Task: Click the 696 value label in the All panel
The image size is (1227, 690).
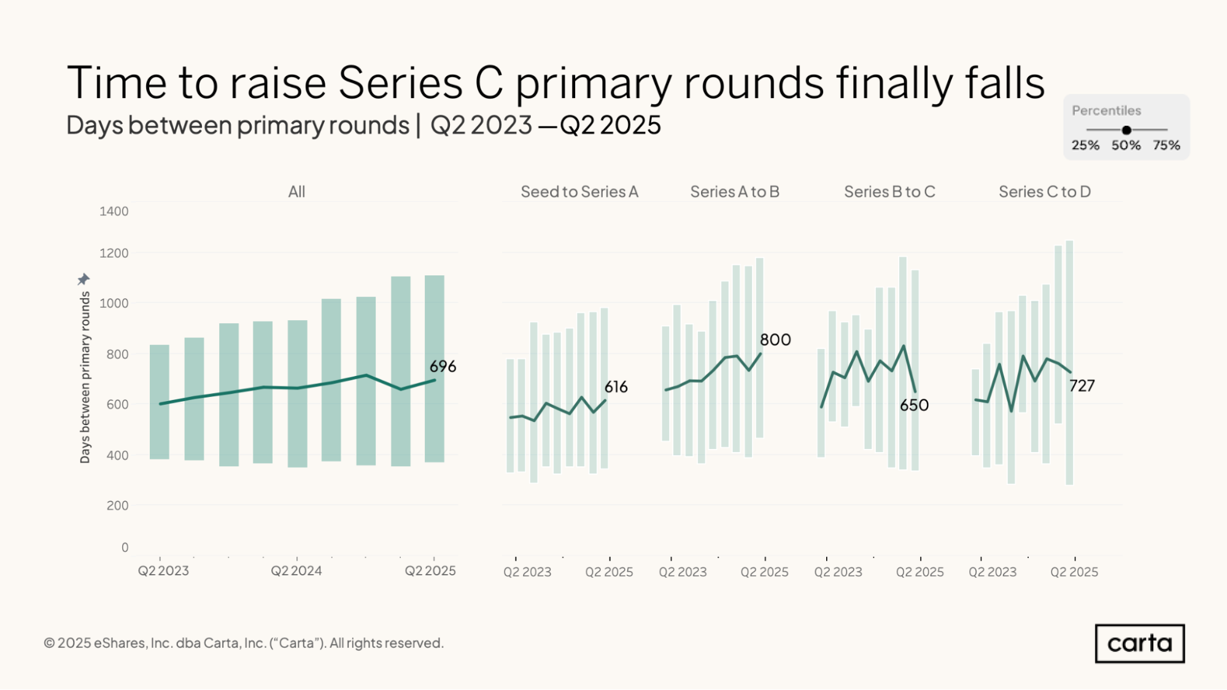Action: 443,367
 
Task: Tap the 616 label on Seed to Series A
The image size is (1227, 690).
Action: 616,387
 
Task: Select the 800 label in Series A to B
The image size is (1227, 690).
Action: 775,340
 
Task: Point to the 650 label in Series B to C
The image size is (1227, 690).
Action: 914,405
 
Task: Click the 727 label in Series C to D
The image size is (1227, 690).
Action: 1082,386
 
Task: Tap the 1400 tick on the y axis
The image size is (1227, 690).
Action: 114,212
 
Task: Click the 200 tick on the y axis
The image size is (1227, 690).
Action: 117,506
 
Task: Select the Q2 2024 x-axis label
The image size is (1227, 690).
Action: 296,571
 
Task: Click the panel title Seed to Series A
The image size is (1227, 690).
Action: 579,192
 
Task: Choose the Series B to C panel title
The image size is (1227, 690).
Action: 889,192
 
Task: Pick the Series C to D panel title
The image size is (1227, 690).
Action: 1044,192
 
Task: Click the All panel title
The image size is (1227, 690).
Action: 296,192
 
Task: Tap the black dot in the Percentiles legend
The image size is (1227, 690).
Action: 1126,130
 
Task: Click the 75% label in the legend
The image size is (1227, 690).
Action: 1166,145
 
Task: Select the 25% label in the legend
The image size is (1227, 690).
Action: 1085,145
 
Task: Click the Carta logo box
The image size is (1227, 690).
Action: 1139,643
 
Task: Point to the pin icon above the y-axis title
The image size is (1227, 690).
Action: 83,280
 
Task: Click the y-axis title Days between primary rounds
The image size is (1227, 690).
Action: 85,377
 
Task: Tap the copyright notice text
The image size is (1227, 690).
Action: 244,643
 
